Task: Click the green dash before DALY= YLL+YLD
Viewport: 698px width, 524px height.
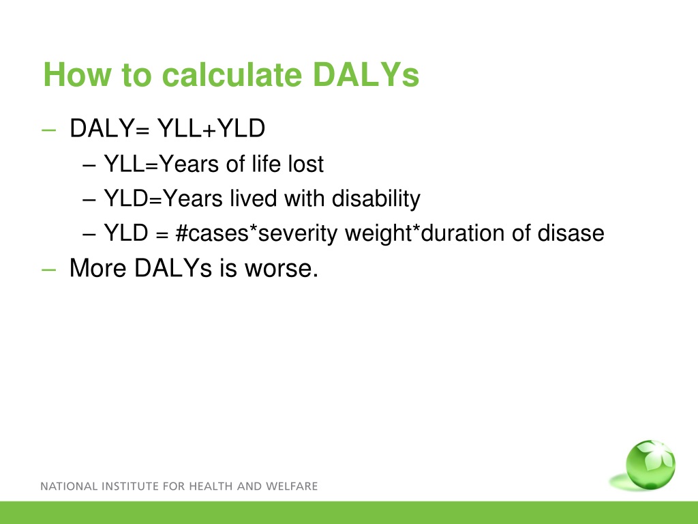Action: pos(48,130)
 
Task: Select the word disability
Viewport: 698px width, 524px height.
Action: pos(376,199)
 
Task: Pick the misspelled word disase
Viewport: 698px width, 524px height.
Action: pos(571,233)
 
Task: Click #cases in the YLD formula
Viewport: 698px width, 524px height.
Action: pos(212,233)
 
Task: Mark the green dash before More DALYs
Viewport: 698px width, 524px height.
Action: pos(48,270)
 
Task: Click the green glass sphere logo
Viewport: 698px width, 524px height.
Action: pos(650,465)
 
